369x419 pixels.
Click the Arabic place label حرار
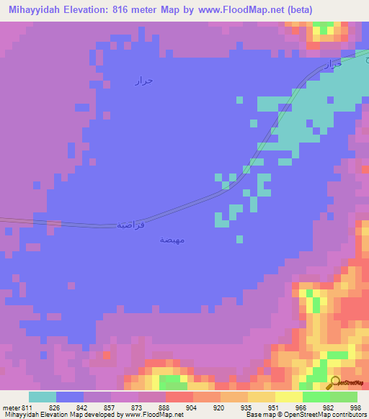click(143, 80)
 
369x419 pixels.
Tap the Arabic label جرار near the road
click(330, 64)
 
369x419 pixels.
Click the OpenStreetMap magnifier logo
click(335, 382)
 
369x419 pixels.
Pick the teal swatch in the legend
click(43, 397)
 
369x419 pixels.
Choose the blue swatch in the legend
click(70, 397)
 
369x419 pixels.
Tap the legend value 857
click(110, 407)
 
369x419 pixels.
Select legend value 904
click(192, 407)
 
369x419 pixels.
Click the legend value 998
click(355, 407)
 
